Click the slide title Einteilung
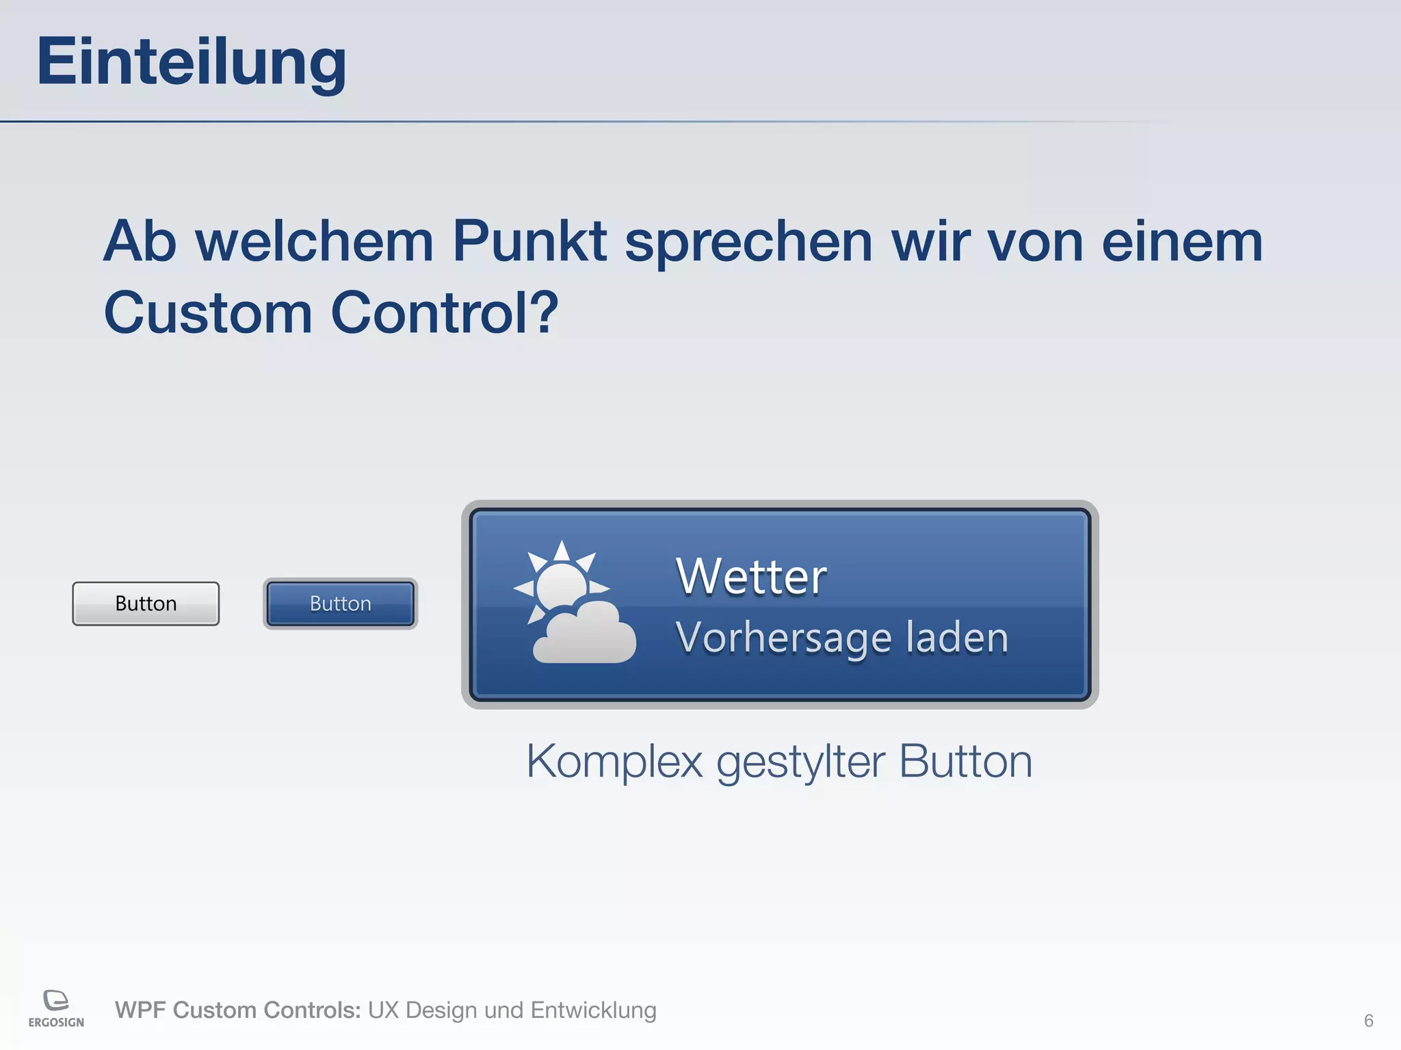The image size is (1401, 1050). pos(192,62)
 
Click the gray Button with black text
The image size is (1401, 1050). pos(146,604)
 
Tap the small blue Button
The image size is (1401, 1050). pos(340,604)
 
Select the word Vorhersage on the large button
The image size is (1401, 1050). pos(783,638)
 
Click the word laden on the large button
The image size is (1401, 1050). pos(957,638)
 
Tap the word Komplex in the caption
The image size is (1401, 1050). pos(614,761)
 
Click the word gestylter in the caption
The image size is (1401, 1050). pos(800,761)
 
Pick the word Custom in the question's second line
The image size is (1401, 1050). pos(208,312)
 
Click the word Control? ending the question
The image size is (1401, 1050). pos(445,312)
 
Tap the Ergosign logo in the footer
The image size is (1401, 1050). pos(56,1008)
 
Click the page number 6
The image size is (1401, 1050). pos(1368,1021)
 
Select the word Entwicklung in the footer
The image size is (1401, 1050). pos(593,1010)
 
